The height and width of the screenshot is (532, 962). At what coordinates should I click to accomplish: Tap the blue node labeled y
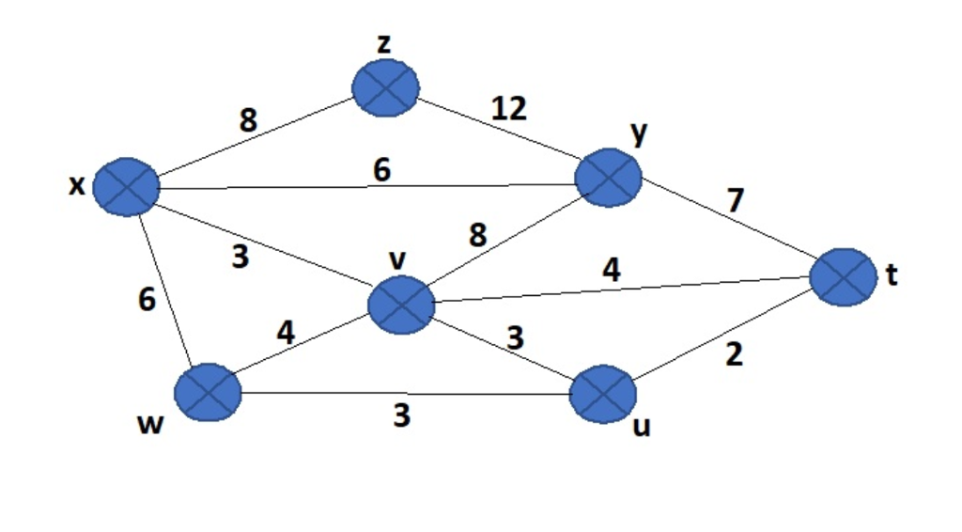[x=608, y=177]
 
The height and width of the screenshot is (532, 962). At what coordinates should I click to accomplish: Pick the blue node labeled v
[x=401, y=305]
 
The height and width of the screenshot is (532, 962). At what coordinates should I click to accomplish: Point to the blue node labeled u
[x=604, y=394]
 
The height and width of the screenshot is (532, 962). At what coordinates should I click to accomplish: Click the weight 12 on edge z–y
[x=509, y=109]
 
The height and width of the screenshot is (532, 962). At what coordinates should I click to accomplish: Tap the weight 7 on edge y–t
[x=736, y=199]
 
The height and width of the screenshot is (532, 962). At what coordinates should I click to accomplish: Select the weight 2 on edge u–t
[x=735, y=355]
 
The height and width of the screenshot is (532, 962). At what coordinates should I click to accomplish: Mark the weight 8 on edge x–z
[x=248, y=120]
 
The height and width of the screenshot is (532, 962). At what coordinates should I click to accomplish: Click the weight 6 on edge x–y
[x=380, y=169]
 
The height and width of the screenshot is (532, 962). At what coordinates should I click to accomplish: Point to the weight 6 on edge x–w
[x=147, y=300]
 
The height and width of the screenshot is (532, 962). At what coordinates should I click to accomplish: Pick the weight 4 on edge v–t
[x=611, y=271]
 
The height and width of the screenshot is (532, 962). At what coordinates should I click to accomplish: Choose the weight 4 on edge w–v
[x=286, y=332]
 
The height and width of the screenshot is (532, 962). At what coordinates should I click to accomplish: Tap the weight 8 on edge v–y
[x=478, y=234]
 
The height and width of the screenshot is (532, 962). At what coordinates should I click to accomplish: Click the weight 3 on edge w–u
[x=401, y=415]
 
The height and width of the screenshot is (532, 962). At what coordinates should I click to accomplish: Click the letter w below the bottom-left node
[x=149, y=425]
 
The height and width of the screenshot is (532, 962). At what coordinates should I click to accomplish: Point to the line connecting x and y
[x=282, y=187]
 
